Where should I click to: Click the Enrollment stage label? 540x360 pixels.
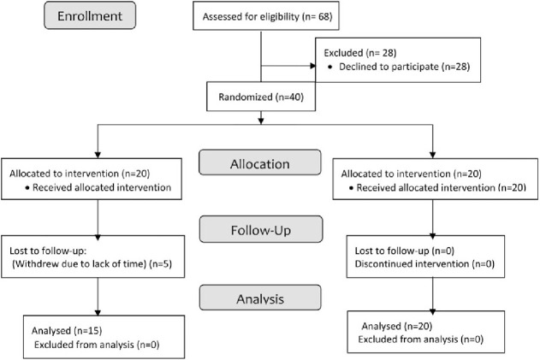pyautogui.click(x=90, y=15)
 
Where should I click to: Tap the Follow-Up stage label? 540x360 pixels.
pyautogui.click(x=261, y=229)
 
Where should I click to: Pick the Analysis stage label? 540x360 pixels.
pyautogui.click(x=260, y=298)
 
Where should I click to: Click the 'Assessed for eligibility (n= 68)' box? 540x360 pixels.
pyautogui.click(x=266, y=16)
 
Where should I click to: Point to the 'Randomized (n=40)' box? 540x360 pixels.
pyautogui.click(x=261, y=97)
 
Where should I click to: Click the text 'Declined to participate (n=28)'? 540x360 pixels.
pyautogui.click(x=404, y=67)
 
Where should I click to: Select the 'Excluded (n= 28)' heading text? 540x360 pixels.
pyautogui.click(x=360, y=53)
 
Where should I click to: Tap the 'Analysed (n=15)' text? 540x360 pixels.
pyautogui.click(x=67, y=331)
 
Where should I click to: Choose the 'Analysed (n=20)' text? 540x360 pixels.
pyautogui.click(x=397, y=326)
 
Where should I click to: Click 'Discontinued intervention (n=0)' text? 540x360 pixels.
pyautogui.click(x=424, y=264)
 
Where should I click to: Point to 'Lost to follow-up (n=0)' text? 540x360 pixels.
pyautogui.click(x=405, y=251)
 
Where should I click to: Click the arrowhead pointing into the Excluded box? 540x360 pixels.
pyautogui.click(x=313, y=66)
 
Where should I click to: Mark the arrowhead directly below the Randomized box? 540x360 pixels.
pyautogui.click(x=261, y=121)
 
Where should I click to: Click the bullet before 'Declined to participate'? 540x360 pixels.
pyautogui.click(x=330, y=67)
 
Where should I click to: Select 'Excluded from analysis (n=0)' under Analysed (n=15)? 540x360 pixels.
pyautogui.click(x=97, y=345)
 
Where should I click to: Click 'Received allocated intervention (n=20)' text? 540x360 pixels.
pyautogui.click(x=442, y=187)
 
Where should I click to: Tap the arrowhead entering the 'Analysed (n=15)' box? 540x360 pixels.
pyautogui.click(x=98, y=312)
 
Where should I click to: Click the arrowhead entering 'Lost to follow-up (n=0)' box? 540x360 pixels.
pyautogui.click(x=432, y=236)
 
